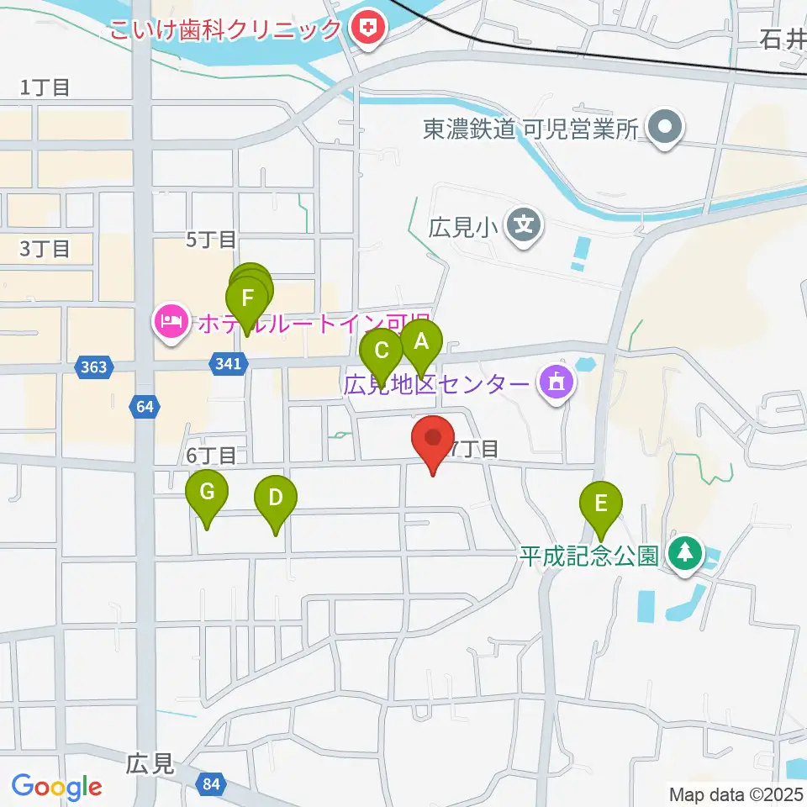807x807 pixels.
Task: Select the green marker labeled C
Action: click(x=382, y=351)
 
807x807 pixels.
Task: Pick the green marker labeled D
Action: click(x=276, y=498)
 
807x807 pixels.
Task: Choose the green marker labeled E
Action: click(x=601, y=504)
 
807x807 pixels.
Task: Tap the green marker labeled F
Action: click(x=247, y=299)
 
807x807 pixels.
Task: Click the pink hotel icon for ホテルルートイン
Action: click(x=171, y=321)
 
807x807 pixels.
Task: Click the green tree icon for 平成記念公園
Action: click(x=687, y=553)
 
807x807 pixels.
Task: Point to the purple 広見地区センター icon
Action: click(x=556, y=384)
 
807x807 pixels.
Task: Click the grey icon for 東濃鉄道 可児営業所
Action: click(x=667, y=129)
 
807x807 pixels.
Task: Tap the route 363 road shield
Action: click(x=95, y=366)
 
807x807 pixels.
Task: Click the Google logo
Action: click(x=57, y=786)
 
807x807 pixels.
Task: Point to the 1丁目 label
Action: click(x=45, y=87)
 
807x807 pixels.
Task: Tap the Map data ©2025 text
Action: click(x=734, y=794)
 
